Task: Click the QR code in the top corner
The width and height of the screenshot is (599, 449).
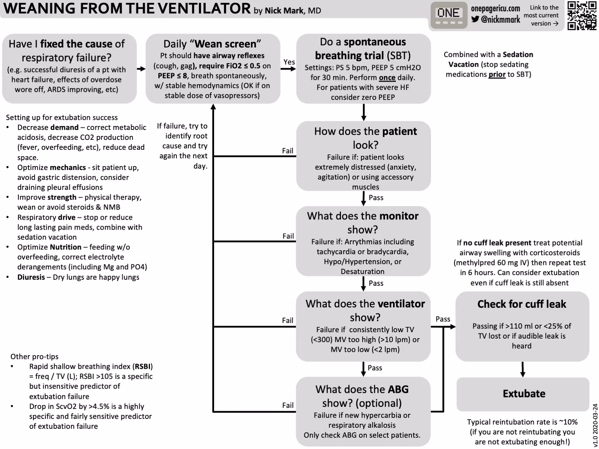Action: point(582,16)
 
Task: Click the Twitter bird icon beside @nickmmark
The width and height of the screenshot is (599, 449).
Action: point(475,19)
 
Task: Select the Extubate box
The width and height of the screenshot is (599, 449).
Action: point(523,394)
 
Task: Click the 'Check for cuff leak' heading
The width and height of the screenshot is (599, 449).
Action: point(522,304)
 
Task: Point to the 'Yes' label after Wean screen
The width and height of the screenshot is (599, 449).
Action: point(289,62)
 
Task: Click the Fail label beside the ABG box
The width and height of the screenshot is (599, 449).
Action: point(288,405)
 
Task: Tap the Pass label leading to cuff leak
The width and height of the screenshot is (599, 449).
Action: point(443,319)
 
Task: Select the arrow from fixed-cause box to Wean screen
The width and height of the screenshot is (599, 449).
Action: point(141,69)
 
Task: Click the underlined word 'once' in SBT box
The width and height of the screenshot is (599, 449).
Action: point(387,77)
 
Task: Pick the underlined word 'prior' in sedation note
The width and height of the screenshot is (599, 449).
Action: point(497,74)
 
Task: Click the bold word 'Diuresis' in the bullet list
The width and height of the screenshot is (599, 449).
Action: point(31,277)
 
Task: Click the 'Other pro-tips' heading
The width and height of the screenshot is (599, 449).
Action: point(34,356)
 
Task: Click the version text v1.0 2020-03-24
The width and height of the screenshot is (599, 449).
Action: point(595,425)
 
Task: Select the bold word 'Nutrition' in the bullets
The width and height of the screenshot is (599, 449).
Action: point(66,247)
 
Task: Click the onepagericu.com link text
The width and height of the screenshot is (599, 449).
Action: point(495,9)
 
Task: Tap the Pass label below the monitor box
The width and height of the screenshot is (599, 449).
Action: point(376,283)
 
